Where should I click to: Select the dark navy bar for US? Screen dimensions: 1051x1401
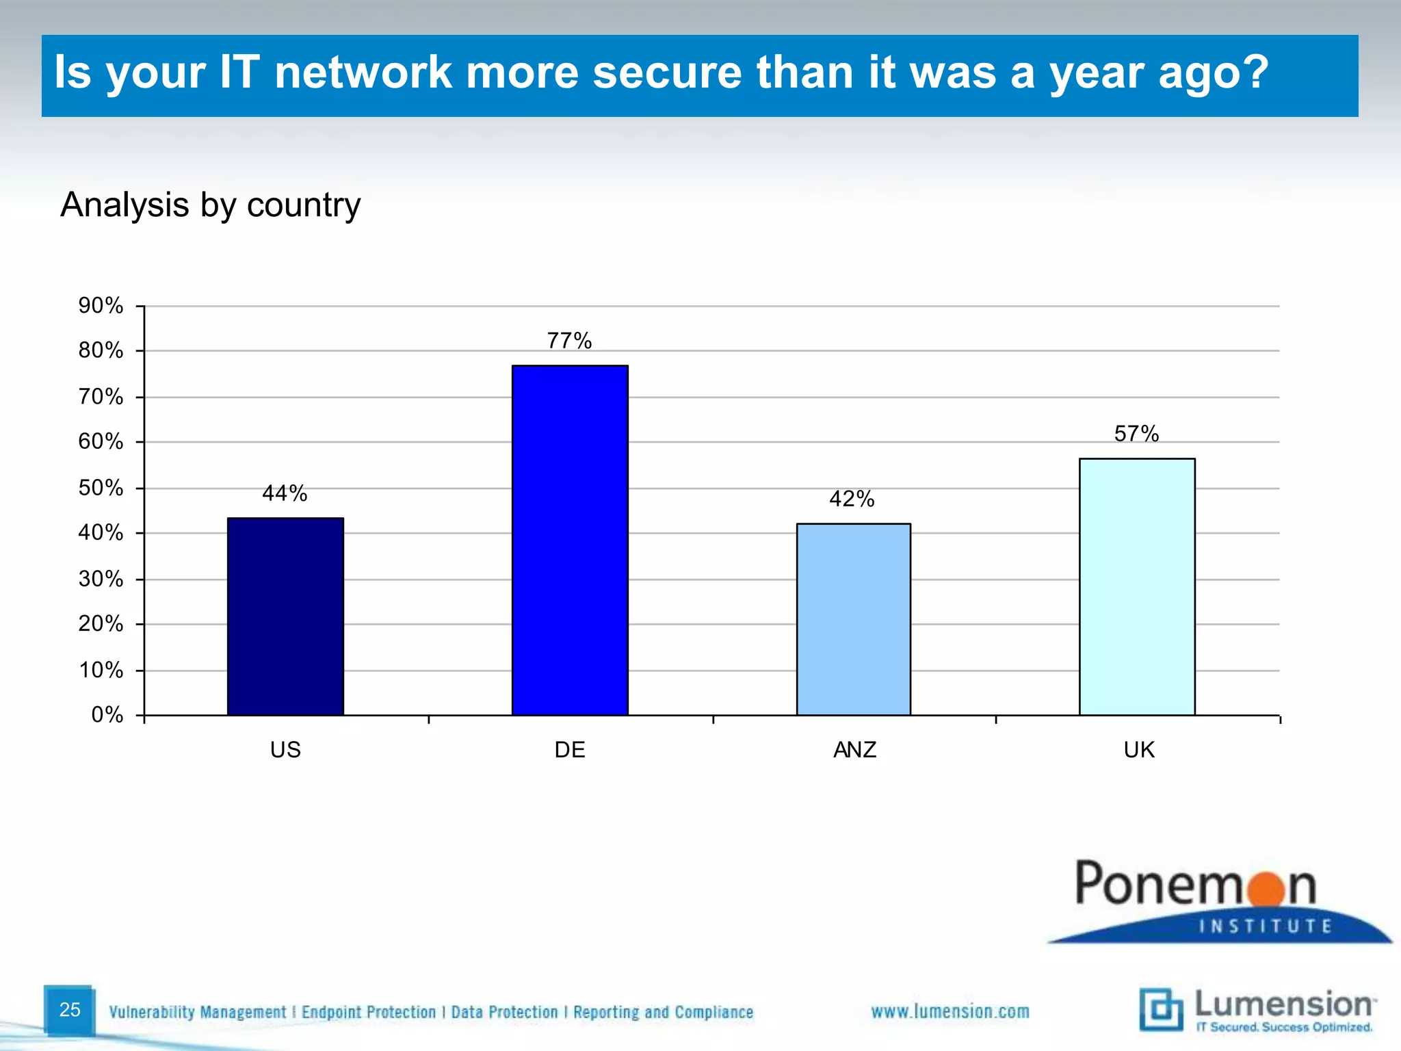tap(285, 617)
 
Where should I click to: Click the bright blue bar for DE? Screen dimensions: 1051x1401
tap(570, 541)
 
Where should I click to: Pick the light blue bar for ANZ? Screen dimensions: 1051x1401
tap(854, 619)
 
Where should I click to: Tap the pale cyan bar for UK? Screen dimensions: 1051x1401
tap(1137, 586)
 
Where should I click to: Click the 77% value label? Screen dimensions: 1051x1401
tap(569, 340)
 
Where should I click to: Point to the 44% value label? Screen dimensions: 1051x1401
tap(285, 493)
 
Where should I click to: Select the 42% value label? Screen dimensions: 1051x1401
tap(852, 499)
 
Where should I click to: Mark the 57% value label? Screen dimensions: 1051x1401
tap(1136, 433)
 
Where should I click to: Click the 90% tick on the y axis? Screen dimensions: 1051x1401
tap(101, 305)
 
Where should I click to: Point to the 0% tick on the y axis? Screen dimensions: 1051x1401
tap(107, 715)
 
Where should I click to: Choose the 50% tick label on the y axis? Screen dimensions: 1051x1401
tap(101, 488)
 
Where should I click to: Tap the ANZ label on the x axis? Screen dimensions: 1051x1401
tap(854, 750)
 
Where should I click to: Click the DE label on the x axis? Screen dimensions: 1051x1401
tap(570, 750)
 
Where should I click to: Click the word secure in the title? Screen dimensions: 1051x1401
tap(667, 73)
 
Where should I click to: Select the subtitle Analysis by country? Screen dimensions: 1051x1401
tap(211, 205)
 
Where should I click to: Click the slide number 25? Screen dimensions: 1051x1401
tap(70, 1009)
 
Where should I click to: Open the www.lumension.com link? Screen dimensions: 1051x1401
tap(950, 1011)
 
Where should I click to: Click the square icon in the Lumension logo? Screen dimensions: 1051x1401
tap(1161, 1009)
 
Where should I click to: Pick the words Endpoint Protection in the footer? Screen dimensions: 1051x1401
tap(369, 1012)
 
